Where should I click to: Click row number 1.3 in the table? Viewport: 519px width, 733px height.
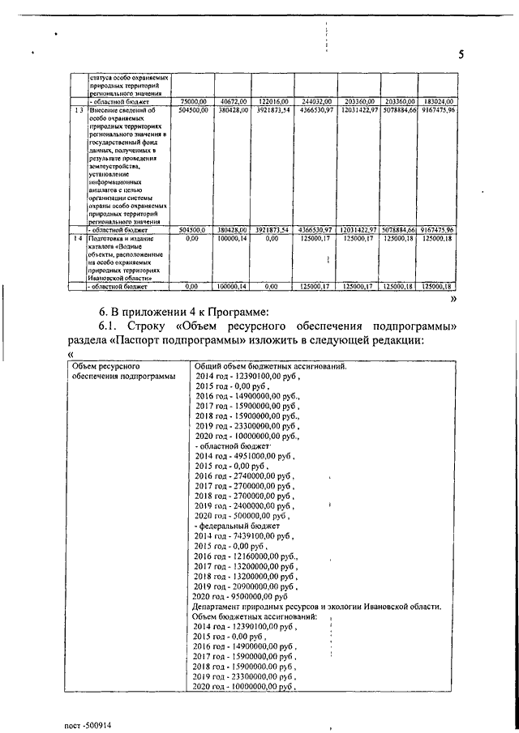click(x=77, y=109)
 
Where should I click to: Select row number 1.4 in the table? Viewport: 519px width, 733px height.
click(x=77, y=239)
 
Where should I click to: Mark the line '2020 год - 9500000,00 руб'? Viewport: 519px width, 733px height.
click(x=241, y=596)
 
